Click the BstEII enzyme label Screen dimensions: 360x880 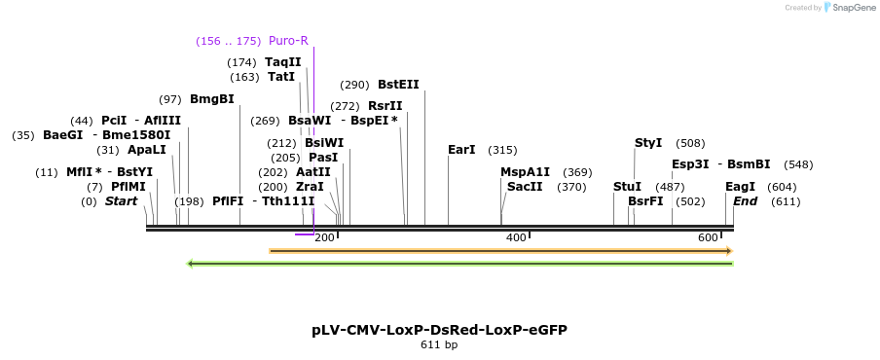(398, 85)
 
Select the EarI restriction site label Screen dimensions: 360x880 (461, 150)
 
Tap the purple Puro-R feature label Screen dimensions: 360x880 (288, 41)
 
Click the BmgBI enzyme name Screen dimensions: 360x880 (212, 99)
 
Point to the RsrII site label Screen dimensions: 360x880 (385, 106)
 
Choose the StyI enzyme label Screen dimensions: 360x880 (648, 143)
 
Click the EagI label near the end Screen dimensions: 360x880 (741, 187)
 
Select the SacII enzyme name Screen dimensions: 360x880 (525, 187)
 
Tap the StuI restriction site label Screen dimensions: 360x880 (628, 187)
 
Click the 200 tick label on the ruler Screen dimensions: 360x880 (324, 237)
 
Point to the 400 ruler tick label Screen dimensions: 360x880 (515, 237)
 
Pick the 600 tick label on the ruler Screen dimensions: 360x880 (707, 237)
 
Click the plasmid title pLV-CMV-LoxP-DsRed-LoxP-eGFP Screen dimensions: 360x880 (439, 330)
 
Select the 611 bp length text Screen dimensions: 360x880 (439, 344)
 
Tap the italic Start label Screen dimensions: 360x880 (122, 201)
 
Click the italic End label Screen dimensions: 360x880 (746, 201)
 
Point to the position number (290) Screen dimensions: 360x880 (354, 85)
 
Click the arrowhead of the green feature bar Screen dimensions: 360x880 (191, 263)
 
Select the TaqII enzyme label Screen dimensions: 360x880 (283, 62)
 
